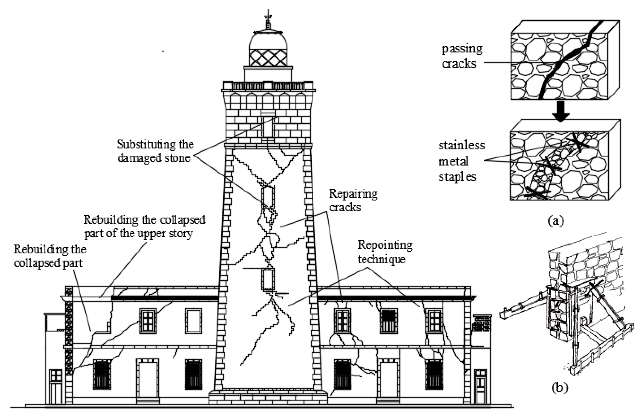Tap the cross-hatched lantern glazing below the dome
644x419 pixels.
pos(268,57)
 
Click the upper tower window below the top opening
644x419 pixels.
pos(268,197)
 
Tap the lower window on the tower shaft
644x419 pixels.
pos(268,279)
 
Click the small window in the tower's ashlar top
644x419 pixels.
pos(268,126)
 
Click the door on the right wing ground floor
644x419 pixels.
pos(388,382)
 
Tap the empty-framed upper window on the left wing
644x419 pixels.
pos(194,321)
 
